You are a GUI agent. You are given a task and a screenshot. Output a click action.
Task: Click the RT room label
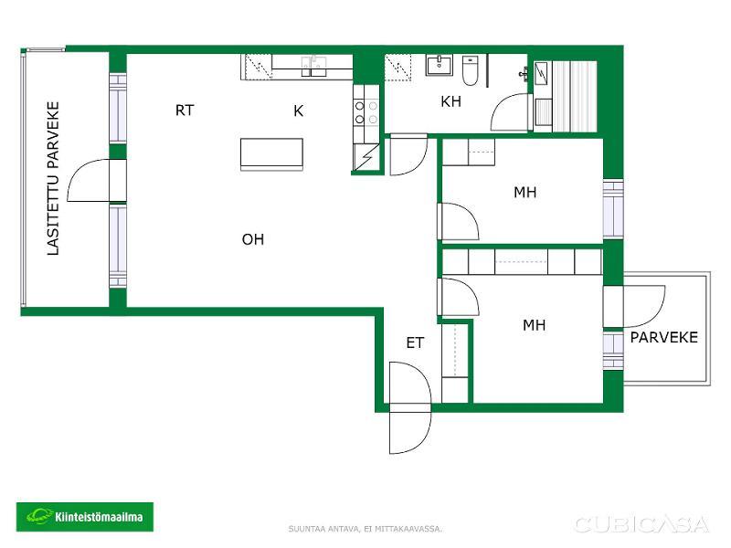click(x=185, y=111)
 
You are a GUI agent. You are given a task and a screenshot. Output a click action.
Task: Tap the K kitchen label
click(x=299, y=111)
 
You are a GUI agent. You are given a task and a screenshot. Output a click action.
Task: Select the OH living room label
click(x=253, y=239)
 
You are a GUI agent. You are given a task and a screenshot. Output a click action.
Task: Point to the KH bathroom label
click(x=450, y=101)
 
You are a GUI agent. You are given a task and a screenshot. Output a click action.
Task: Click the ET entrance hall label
click(x=415, y=343)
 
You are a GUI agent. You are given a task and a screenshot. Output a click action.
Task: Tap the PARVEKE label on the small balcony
click(x=664, y=337)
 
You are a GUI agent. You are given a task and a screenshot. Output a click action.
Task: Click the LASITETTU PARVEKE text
click(x=53, y=178)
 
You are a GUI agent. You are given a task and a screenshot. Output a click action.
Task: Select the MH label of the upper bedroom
click(x=524, y=192)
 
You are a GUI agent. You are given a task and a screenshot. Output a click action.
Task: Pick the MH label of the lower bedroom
click(x=534, y=325)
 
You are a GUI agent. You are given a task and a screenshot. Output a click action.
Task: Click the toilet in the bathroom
click(x=470, y=71)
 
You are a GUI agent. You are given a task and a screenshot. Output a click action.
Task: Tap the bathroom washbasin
click(x=440, y=65)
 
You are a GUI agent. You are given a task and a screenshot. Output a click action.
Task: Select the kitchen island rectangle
click(x=271, y=154)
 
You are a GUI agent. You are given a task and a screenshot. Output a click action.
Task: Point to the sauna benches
click(x=574, y=97)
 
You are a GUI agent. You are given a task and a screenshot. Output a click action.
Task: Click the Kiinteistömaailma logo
click(x=85, y=517)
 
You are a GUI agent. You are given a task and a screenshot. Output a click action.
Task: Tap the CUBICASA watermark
click(x=641, y=524)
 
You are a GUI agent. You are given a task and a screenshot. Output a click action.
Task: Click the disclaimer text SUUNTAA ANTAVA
click(x=324, y=529)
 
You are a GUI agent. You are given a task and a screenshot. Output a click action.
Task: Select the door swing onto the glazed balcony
click(x=88, y=180)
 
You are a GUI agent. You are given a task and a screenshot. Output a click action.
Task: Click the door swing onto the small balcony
click(x=645, y=306)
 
